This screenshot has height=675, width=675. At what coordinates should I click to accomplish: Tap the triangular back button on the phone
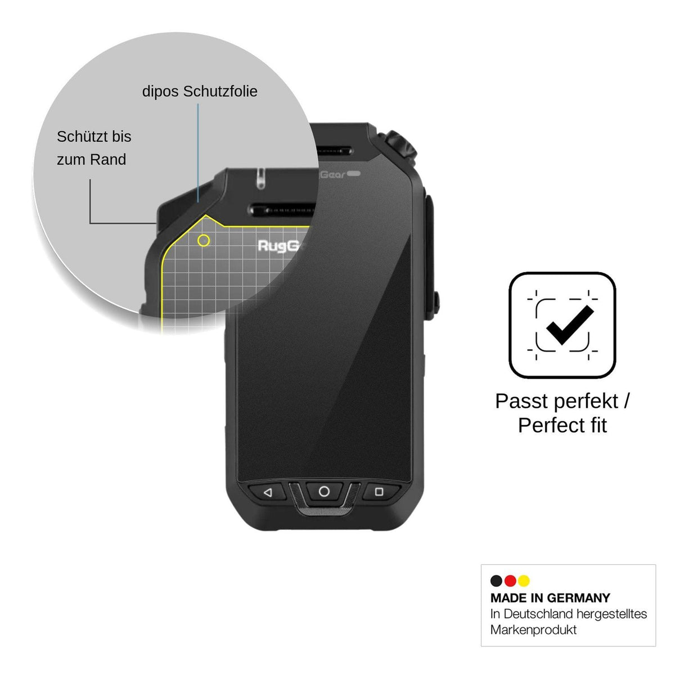pyautogui.click(x=268, y=493)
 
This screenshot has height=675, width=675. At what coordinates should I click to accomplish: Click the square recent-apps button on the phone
pyautogui.click(x=379, y=492)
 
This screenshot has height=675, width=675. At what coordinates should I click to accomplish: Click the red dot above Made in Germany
pyautogui.click(x=510, y=580)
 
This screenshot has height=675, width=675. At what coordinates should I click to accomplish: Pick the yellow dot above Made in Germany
pyautogui.click(x=524, y=580)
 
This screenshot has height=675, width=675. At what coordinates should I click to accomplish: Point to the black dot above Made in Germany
pyautogui.click(x=496, y=580)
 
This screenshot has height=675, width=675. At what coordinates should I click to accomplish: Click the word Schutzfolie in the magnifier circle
pyautogui.click(x=220, y=92)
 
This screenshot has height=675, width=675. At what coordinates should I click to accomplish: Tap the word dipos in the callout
pyautogui.click(x=161, y=92)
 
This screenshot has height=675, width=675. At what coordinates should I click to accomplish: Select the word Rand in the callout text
pyautogui.click(x=108, y=160)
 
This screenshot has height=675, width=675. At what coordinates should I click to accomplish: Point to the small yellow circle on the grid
pyautogui.click(x=204, y=241)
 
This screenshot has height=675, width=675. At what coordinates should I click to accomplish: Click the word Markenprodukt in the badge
pyautogui.click(x=533, y=629)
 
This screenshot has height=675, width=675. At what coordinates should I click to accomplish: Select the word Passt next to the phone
pyautogui.click(x=518, y=401)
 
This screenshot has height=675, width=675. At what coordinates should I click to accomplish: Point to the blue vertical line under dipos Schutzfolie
pyautogui.click(x=198, y=153)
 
